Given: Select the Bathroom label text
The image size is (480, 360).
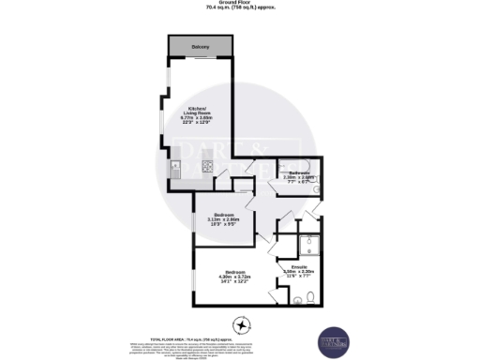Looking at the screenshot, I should pyautogui.click(x=299, y=172).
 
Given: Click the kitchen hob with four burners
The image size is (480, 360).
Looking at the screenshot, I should pyautogui.click(x=207, y=169).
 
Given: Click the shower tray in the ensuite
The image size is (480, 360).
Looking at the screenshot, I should pyautogui.click(x=309, y=247).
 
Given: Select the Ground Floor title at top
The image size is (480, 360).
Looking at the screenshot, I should pyautogui.click(x=240, y=4).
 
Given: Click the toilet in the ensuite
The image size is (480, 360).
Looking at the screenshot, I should pyautogui.click(x=297, y=300).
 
